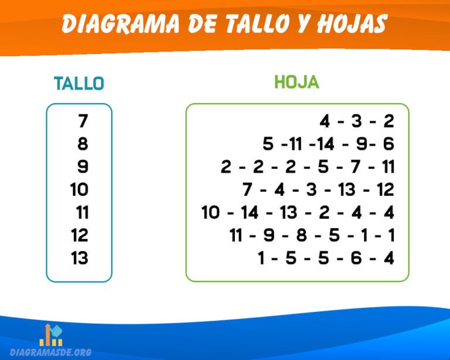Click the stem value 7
tap(83, 121)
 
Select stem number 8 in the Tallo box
tap(83, 144)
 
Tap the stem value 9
tap(83, 167)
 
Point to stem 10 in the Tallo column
tap(79, 189)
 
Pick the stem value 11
tap(82, 212)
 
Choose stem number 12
tap(79, 235)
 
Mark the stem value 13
tap(79, 258)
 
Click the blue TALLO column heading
tap(79, 84)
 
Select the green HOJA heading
tap(296, 83)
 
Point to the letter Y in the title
tap(299, 24)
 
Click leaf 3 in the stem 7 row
tap(356, 121)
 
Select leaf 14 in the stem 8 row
tap(327, 144)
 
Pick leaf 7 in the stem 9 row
tap(356, 167)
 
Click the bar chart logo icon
tap(51, 335)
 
